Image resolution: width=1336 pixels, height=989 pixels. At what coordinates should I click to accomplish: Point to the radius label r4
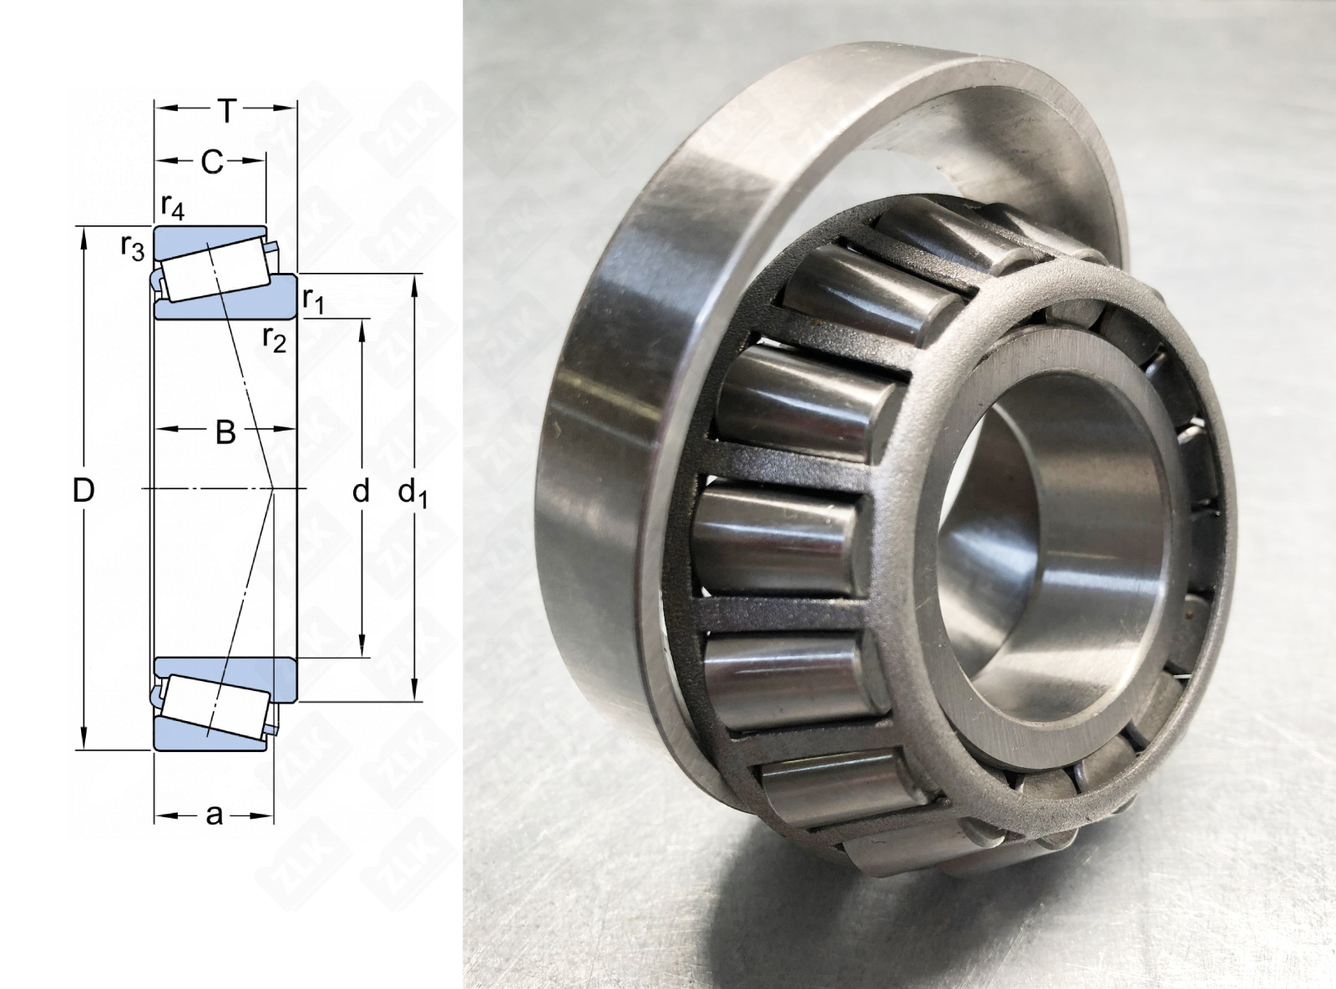tap(172, 206)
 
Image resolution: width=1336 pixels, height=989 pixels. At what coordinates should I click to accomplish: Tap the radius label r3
tap(133, 247)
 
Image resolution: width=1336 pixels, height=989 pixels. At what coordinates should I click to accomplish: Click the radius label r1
tap(312, 300)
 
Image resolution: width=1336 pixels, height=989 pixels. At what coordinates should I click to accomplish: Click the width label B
tap(225, 431)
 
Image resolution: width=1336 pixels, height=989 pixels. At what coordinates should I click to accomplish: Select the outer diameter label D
tap(83, 490)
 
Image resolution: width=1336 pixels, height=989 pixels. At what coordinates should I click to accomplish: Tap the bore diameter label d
tap(360, 490)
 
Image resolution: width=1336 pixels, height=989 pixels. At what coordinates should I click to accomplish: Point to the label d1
tap(412, 493)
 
